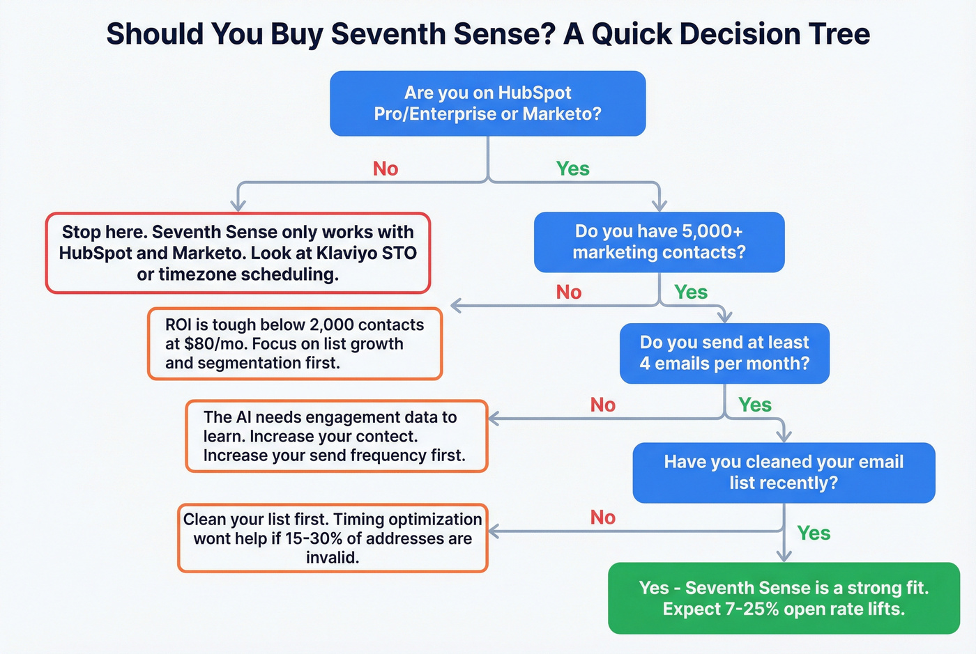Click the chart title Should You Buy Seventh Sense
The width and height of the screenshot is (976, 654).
pyautogui.click(x=488, y=33)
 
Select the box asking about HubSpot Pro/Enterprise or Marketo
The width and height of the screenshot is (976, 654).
pyautogui.click(x=487, y=103)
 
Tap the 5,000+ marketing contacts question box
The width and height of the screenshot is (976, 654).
pyautogui.click(x=659, y=242)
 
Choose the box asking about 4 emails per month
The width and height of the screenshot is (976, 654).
pyautogui.click(x=724, y=353)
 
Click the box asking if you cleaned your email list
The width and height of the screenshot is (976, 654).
pyautogui.click(x=784, y=472)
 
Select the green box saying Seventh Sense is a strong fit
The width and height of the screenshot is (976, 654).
pyautogui.click(x=784, y=598)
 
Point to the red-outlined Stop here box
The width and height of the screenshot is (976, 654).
pyautogui.click(x=238, y=253)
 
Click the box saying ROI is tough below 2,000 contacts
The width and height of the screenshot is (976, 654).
pyautogui.click(x=295, y=343)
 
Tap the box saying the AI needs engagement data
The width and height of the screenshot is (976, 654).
pyautogui.click(x=337, y=436)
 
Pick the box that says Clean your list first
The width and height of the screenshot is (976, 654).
pyautogui.click(x=333, y=538)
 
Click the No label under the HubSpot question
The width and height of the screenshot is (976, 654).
pyautogui.click(x=386, y=169)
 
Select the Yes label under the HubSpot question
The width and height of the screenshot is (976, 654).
pyautogui.click(x=572, y=169)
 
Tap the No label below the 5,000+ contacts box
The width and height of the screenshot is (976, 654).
pyautogui.click(x=569, y=293)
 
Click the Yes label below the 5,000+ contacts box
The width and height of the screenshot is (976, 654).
pyautogui.click(x=691, y=293)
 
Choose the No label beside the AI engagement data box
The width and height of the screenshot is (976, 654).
pyautogui.click(x=603, y=405)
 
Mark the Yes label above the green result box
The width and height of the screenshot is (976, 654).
pyautogui.click(x=814, y=534)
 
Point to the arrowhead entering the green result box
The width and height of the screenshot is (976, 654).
pyautogui.click(x=784, y=556)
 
